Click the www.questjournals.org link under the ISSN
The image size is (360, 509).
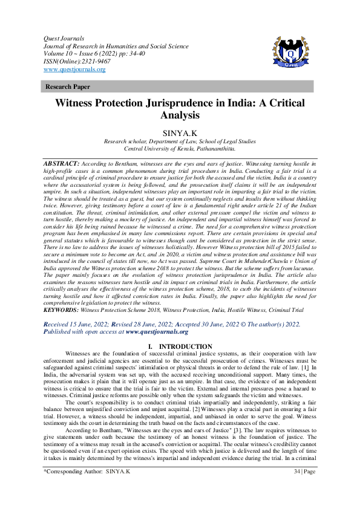click(x=74, y=70)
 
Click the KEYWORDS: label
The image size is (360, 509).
click(x=61, y=309)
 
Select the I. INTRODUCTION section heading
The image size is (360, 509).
click(x=180, y=346)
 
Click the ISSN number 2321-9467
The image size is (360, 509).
click(x=88, y=61)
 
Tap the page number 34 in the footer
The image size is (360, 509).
click(x=296, y=487)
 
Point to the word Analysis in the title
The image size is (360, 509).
click(x=180, y=115)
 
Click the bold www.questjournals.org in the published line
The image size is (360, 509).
click(x=157, y=331)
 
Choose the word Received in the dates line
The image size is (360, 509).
click(x=58, y=324)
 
